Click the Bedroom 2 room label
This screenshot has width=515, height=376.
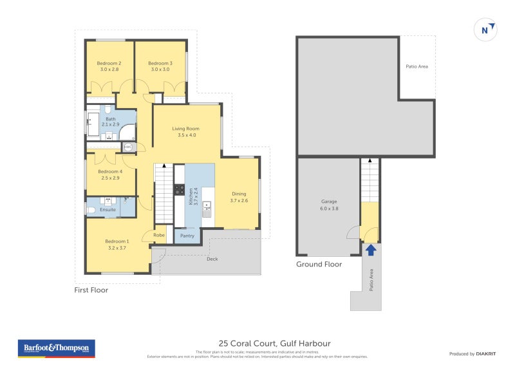pos(109,63)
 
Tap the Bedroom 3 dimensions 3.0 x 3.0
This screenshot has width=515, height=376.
pos(160,70)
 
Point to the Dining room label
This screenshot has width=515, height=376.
pos(239,194)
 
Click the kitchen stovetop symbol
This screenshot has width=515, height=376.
pos(179,190)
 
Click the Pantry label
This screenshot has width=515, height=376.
pos(187,236)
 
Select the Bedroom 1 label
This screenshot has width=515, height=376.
pos(117,241)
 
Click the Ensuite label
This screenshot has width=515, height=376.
pos(108,210)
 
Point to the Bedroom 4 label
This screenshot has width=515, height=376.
pos(110,171)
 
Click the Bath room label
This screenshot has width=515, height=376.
pos(111,119)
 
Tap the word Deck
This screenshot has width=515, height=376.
pos(212,259)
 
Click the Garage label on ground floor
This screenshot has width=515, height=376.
pos(329,202)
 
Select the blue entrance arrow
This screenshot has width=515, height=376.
pos(370,249)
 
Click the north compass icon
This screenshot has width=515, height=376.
pos(487,30)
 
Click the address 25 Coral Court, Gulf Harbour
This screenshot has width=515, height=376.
pos(274,343)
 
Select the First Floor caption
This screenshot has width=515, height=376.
pos(91,290)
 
